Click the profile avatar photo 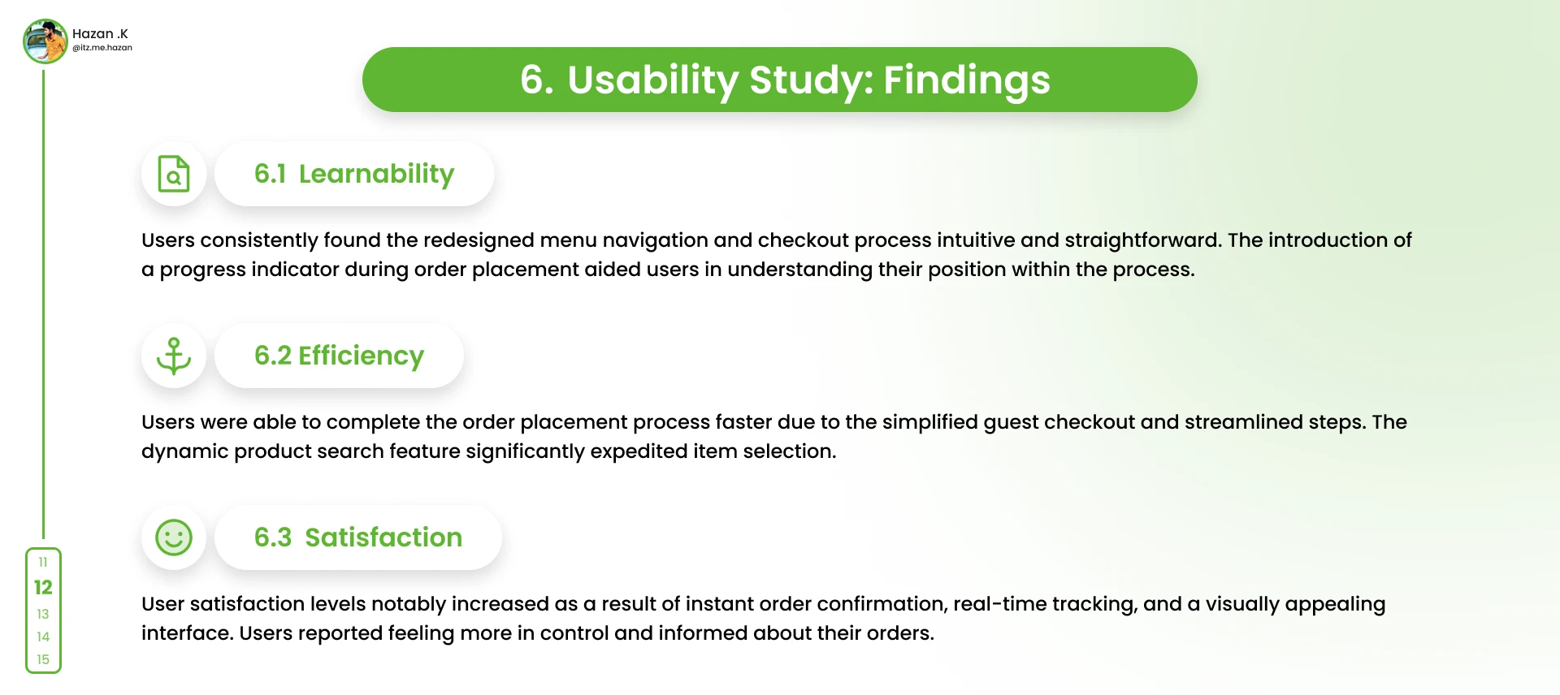point(45,41)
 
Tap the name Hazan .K point(100,34)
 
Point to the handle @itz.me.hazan point(102,48)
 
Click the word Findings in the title point(967,80)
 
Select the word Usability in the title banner point(653,80)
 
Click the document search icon point(174,174)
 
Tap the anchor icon point(174,356)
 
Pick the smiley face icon point(174,537)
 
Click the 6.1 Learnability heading point(354,174)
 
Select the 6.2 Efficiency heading point(340,356)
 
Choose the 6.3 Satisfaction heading point(358,537)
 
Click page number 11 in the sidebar point(43,562)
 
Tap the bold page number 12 point(43,587)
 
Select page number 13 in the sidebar point(43,614)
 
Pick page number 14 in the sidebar point(43,637)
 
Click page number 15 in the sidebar point(43,659)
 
